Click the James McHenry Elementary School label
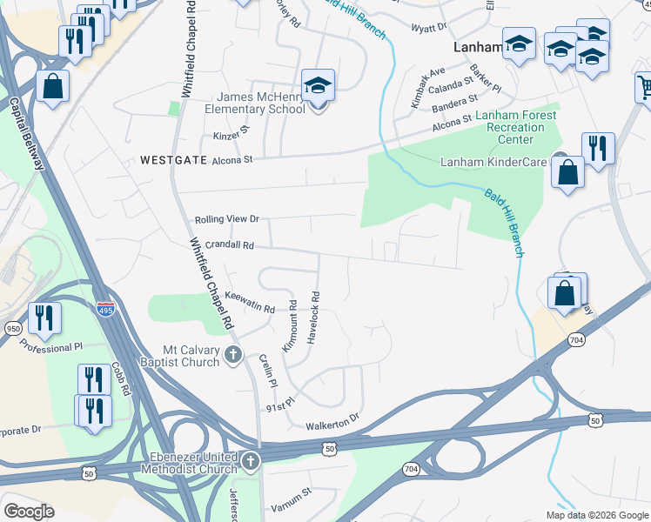tap(254, 103)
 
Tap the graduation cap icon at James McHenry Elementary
tap(319, 87)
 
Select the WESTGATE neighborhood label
tap(171, 160)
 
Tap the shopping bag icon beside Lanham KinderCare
tap(567, 172)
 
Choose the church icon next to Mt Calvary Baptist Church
tap(232, 354)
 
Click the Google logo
tap(29, 511)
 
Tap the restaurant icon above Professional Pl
tap(44, 318)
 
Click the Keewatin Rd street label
tap(250, 302)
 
